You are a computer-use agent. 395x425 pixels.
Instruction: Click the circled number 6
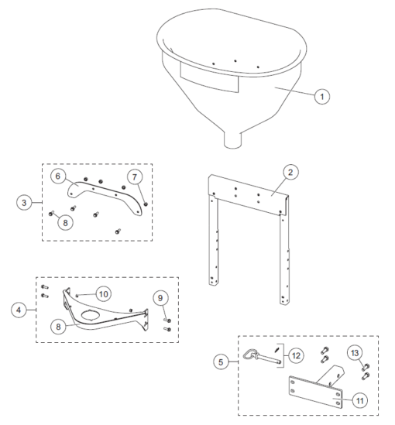click(x=57, y=177)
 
